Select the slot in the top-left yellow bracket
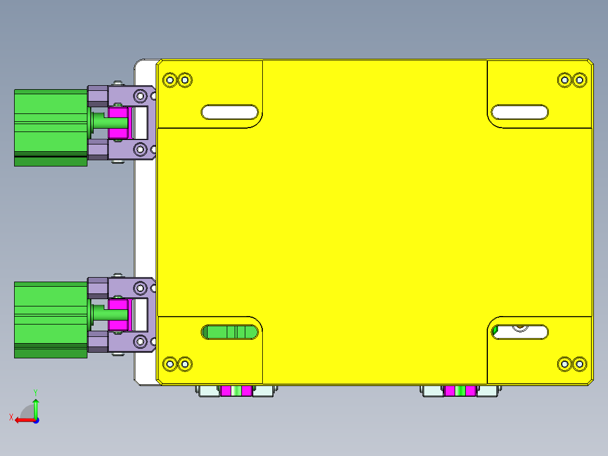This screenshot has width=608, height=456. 230,112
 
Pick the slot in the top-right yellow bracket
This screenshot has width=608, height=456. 519,112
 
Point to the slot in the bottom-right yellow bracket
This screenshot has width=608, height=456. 519,332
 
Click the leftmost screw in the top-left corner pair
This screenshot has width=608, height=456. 170,80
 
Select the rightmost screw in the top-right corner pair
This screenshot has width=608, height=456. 579,80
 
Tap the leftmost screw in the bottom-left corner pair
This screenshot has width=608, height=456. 170,364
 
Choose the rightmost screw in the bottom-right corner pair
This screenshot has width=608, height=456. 579,364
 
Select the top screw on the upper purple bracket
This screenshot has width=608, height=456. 139,95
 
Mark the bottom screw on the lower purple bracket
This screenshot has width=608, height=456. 139,341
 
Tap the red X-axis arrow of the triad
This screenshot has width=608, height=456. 23,420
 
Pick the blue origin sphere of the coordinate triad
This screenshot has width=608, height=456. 36,420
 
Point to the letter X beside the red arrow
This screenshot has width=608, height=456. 11,417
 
